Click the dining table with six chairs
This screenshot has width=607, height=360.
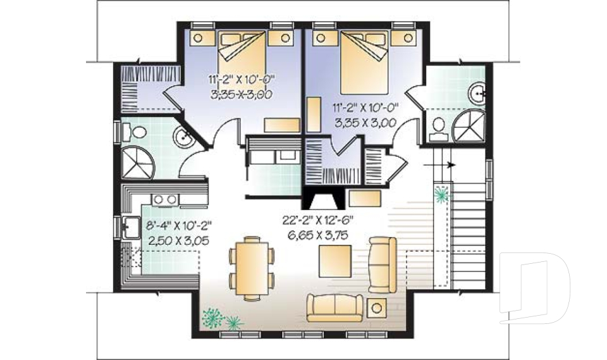click(x=252, y=268)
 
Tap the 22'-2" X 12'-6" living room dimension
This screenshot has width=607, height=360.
click(x=318, y=221)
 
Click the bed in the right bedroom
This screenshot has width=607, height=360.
click(x=364, y=62)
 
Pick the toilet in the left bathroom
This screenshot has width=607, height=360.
click(x=134, y=132)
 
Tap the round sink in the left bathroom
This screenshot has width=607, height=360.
click(x=183, y=137)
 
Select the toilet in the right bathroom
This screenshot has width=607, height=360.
click(x=438, y=128)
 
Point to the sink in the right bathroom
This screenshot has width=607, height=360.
click(x=477, y=93)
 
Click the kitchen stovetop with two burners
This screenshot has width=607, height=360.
click(x=165, y=199)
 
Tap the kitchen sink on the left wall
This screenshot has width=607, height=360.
click(x=131, y=227)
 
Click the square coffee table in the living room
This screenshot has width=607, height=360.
click(x=335, y=261)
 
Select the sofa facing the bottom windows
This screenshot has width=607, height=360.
click(x=335, y=308)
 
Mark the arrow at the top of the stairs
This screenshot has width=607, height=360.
click(x=439, y=165)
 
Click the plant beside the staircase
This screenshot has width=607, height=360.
click(x=442, y=194)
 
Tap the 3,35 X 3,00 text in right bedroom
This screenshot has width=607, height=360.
click(x=365, y=123)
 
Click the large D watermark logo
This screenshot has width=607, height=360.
click(x=535, y=287)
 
